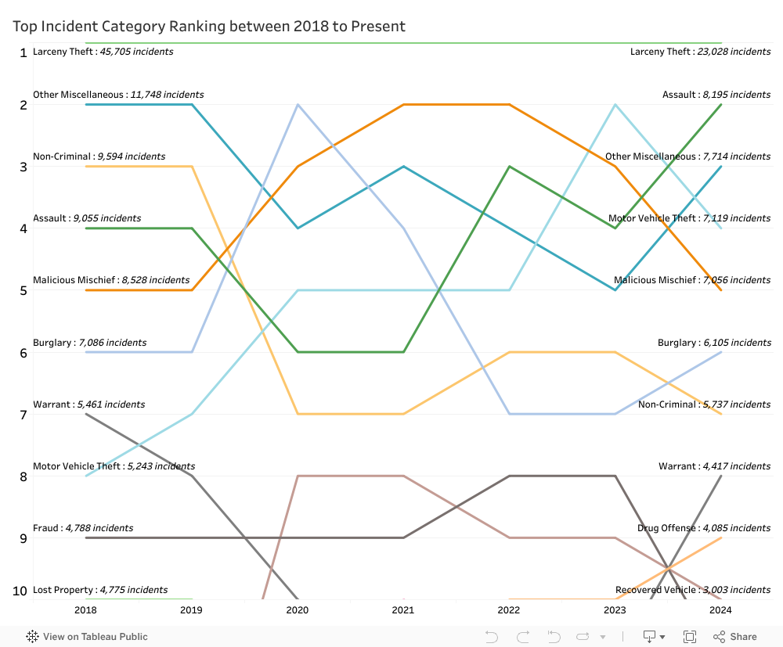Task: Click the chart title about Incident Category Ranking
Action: pos(209,26)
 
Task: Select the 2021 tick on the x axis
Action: pos(402,610)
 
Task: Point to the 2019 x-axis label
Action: pos(191,610)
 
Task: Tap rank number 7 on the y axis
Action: pos(23,415)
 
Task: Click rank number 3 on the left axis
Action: pos(23,167)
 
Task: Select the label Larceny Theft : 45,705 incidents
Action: pos(103,52)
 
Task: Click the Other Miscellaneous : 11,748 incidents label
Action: pos(118,95)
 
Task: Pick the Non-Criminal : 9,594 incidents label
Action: pos(99,156)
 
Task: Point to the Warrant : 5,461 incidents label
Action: pos(88,404)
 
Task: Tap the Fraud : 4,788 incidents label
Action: pos(83,528)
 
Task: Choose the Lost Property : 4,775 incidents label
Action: pos(100,590)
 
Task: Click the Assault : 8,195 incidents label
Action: pos(716,95)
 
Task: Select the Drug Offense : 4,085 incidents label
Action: pos(703,528)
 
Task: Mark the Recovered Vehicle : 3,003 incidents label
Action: pos(692,590)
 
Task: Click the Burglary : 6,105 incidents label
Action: pos(713,343)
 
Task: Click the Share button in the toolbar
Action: pos(735,637)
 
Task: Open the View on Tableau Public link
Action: pos(87,637)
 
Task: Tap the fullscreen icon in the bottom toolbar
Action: pos(690,637)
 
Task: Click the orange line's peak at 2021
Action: pos(402,104)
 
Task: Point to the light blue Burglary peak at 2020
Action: pos(298,104)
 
